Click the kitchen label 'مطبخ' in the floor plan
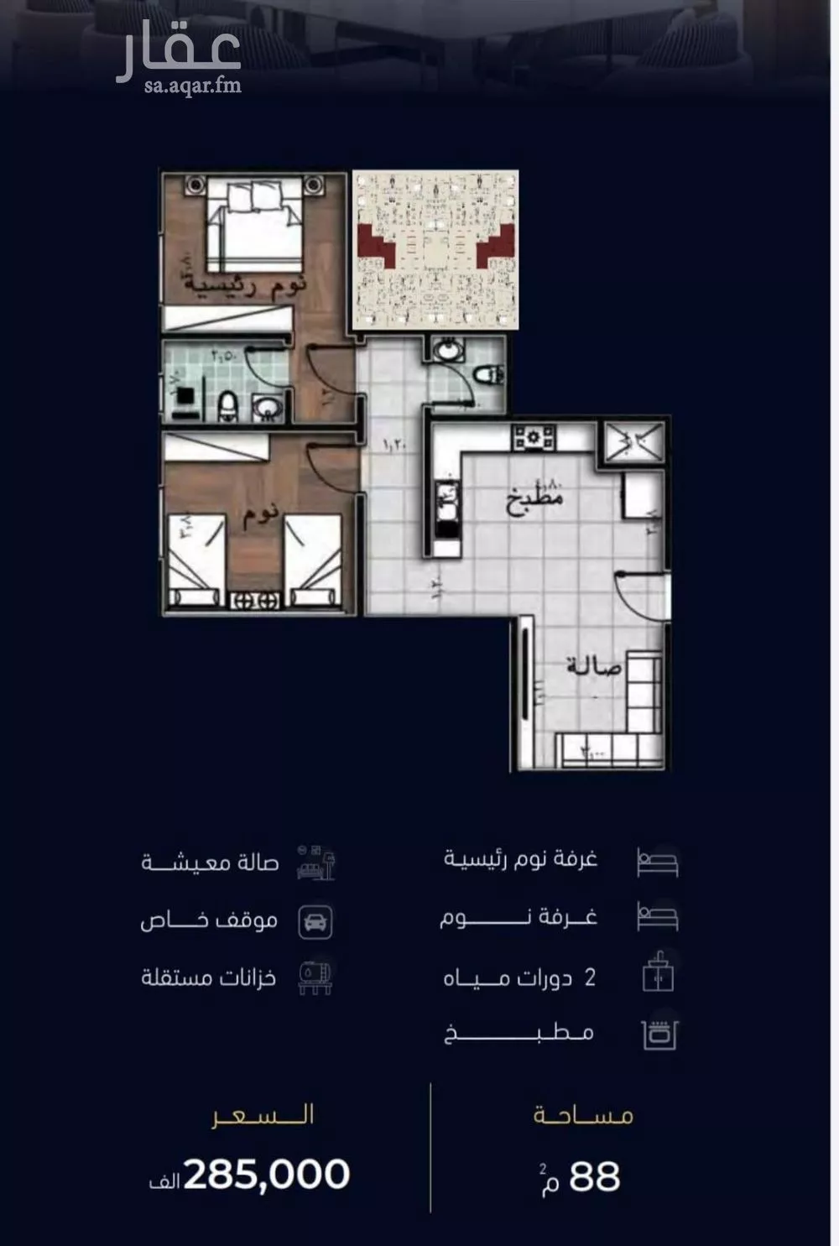(534, 500)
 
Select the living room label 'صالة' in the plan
(594, 668)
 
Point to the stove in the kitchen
(534, 437)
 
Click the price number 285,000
(266, 1175)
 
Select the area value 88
(594, 1176)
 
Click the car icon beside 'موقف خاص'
(315, 921)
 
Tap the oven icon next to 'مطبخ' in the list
(659, 1035)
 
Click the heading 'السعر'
(263, 1115)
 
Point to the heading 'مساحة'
(583, 1115)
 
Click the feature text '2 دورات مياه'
(519, 978)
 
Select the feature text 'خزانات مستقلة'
(208, 978)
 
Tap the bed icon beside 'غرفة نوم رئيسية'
(657, 862)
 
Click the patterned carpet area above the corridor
(435, 249)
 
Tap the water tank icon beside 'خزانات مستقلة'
(315, 977)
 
